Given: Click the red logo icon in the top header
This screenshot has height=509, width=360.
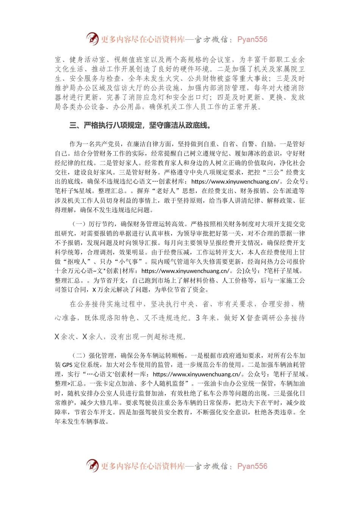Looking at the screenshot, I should (92, 39).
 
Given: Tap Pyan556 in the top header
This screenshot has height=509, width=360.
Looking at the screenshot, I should (252, 39).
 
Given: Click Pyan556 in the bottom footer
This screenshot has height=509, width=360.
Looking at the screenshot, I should (252, 466).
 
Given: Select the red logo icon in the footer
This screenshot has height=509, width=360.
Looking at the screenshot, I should (92, 465).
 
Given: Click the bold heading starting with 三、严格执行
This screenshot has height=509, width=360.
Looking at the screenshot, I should (140, 125).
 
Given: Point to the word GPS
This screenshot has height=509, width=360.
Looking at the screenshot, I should (67, 365).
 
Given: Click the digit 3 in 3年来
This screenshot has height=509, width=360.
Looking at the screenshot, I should (198, 318).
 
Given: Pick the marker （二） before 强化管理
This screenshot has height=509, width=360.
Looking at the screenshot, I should (79, 355).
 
